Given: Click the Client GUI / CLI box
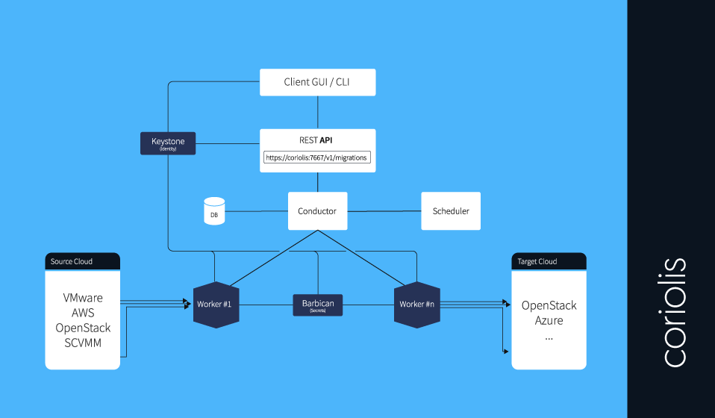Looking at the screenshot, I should point(317,82).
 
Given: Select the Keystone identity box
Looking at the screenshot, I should point(168,143).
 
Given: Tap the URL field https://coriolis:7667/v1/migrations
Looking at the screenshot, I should point(317,157).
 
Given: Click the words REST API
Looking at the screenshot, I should point(317,140).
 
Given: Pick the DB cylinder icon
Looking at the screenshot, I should point(214,211).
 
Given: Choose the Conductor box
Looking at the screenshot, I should point(317,211).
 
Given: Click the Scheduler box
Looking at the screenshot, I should point(451,211).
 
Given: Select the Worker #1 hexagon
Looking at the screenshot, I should point(216,305).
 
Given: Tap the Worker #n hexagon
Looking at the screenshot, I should point(416,305).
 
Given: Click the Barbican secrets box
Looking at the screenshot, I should point(317,305).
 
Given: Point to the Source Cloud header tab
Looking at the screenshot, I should point(82,261).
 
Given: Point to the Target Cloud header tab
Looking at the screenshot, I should point(549,261).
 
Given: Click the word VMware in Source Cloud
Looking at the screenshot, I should point(83,298).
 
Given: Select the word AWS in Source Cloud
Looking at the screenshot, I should point(83,313).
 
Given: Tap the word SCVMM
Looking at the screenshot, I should point(83,343).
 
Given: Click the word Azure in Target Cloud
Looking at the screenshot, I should point(549,320).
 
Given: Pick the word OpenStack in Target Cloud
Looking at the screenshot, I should point(549,305).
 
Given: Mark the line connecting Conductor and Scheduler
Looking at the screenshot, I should point(384,211).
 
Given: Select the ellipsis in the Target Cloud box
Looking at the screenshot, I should point(549,337).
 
